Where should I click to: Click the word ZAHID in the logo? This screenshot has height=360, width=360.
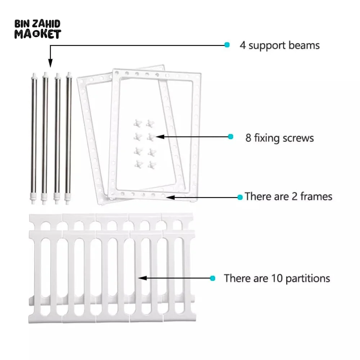coord(46,24)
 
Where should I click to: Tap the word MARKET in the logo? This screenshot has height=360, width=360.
coord(38,34)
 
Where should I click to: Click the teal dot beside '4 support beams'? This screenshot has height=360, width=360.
coord(227,45)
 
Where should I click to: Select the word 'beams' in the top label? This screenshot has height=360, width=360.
coord(304,45)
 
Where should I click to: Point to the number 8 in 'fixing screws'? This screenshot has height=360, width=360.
coord(248,138)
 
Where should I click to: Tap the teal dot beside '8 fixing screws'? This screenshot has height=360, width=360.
coord(230,136)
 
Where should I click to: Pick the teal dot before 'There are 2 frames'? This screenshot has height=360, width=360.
coord(240,197)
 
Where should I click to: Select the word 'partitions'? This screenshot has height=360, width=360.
coord(308,279)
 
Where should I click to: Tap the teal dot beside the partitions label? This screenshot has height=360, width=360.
coord(213,278)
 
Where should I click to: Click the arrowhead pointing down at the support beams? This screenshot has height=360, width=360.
coord(50,63)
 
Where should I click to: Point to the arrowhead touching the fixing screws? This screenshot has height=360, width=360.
coord(160,136)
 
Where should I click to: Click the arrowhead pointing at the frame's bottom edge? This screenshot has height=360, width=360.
coord(170,197)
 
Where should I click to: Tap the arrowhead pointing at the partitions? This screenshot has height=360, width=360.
coord(143,278)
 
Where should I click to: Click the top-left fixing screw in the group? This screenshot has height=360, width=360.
coord(138,123)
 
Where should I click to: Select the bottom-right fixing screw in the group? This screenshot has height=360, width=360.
coord(152,165)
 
